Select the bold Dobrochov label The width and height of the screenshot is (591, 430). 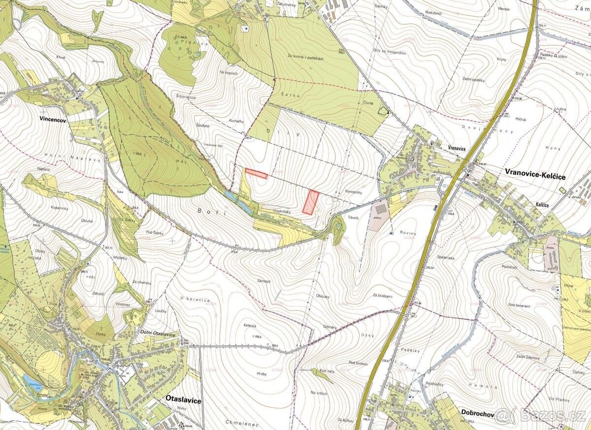pos(477,414)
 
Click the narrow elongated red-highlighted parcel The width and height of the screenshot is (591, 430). pos(256,173)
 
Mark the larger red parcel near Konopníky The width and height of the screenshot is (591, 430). pos(310,202)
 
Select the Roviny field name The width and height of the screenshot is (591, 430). pos(409,233)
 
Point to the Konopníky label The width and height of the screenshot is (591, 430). pos(354,193)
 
